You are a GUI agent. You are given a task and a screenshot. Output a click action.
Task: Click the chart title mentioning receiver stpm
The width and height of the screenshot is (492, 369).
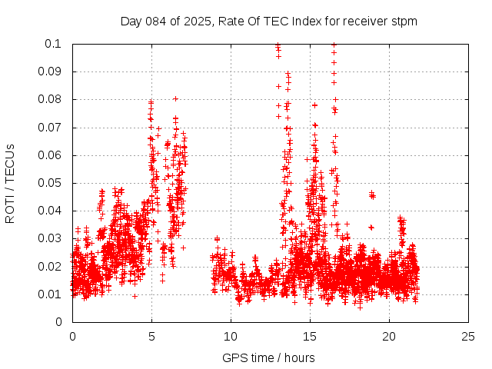268,22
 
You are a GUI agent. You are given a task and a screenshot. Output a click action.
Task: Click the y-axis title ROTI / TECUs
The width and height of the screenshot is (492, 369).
10,183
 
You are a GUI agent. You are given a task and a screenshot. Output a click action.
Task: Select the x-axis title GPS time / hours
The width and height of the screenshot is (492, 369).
268,357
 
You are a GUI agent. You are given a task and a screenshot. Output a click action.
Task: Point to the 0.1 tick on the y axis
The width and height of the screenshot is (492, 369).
54,44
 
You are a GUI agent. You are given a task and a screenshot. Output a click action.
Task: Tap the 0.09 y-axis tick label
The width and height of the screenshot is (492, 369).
51,71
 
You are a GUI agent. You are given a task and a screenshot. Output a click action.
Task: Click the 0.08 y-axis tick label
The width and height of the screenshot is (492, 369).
51,99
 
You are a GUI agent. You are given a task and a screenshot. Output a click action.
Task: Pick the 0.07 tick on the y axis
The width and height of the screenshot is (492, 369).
51,128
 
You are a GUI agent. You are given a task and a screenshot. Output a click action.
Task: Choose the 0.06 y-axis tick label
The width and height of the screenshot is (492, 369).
51,155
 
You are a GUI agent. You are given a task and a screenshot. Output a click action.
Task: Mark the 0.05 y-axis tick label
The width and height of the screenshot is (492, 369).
51,183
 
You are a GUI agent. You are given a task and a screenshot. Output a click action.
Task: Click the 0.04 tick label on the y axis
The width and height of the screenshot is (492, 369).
51,211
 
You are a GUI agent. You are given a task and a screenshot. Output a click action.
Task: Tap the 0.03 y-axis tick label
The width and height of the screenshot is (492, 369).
51,239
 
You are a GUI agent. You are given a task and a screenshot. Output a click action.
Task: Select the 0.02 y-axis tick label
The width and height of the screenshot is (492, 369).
51,267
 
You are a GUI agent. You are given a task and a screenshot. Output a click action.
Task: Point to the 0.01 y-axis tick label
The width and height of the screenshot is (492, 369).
51,294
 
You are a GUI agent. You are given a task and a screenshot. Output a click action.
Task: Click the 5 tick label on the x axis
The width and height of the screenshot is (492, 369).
151,337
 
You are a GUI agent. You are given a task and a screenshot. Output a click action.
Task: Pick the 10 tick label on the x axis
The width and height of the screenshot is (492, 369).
231,337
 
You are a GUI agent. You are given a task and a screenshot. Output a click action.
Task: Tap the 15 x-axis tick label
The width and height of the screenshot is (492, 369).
310,337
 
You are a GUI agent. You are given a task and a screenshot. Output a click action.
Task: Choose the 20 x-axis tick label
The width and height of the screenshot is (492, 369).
389,337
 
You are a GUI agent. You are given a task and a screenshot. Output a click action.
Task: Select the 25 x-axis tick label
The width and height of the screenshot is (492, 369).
468,337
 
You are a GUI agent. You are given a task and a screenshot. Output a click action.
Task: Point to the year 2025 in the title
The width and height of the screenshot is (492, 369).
196,22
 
